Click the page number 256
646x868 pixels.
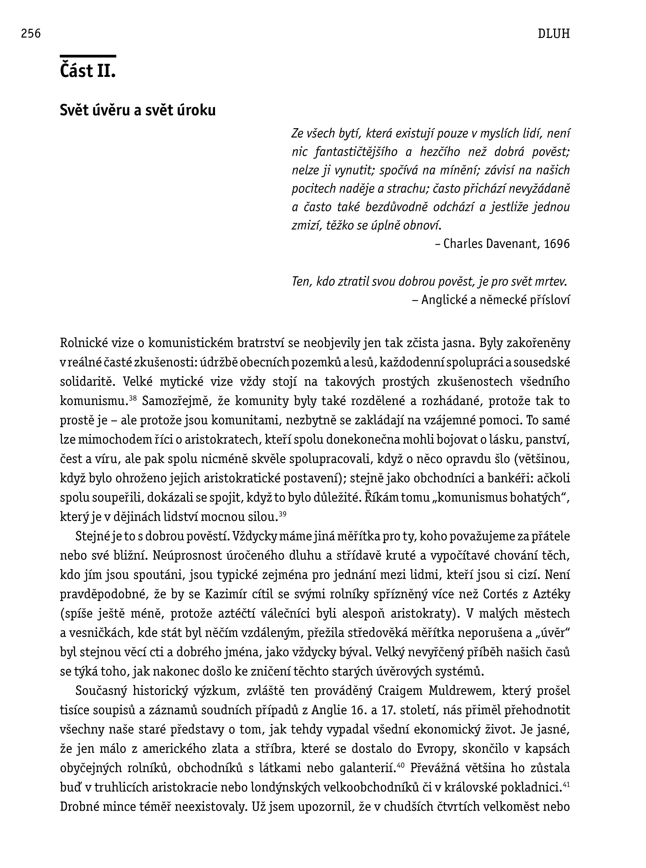tap(31, 34)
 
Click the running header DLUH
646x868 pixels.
tap(553, 34)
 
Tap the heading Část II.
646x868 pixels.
tap(88, 71)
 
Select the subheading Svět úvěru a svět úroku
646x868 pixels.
tap(138, 111)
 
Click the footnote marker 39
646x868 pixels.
tap(282, 514)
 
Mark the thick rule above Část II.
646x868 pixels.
tap(88, 56)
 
